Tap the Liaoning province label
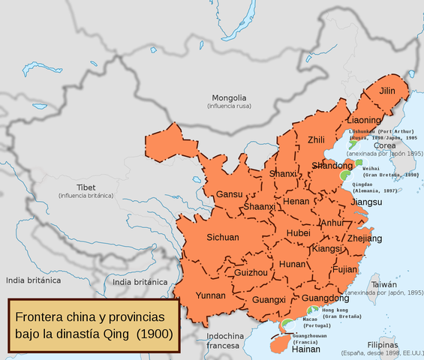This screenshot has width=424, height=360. [x=365, y=119]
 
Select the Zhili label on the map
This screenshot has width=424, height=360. [x=317, y=140]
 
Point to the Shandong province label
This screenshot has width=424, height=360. [x=332, y=166]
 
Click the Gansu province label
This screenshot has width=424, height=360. [x=229, y=194]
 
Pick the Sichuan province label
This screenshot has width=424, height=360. [x=223, y=237]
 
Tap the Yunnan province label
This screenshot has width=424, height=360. [x=210, y=295]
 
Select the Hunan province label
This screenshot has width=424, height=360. [x=292, y=264]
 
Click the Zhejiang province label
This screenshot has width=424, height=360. [x=365, y=238]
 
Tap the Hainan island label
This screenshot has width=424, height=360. [x=306, y=349]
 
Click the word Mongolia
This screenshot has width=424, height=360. [x=228, y=98]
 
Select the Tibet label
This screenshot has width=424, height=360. [x=86, y=187]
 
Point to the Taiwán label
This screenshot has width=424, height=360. [x=383, y=285]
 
